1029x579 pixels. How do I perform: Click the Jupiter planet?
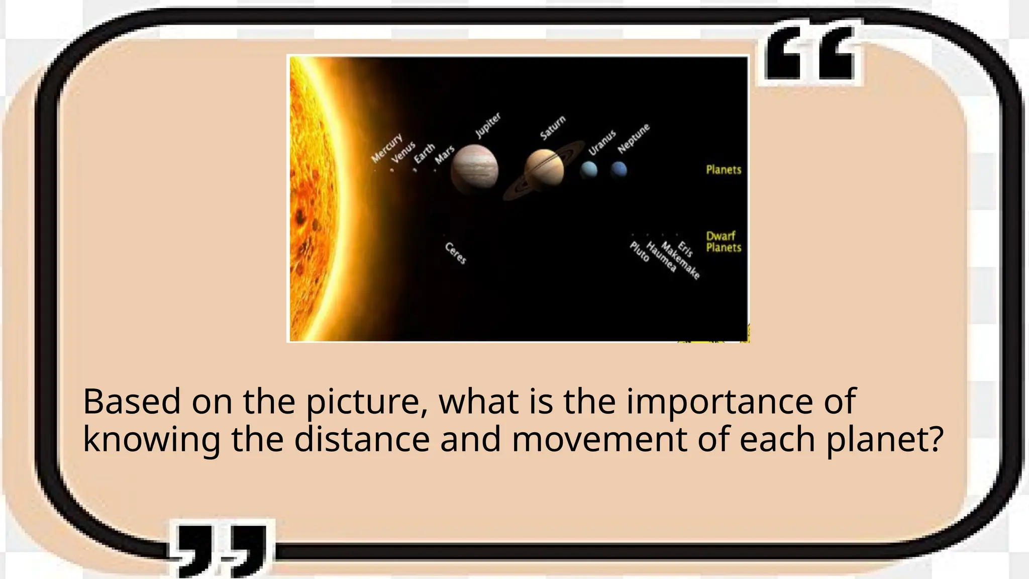pyautogui.click(x=474, y=169)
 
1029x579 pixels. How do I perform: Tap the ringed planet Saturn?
pyautogui.click(x=544, y=169)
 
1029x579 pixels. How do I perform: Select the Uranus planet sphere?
pyautogui.click(x=589, y=170)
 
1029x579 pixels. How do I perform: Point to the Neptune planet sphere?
pyautogui.click(x=619, y=169)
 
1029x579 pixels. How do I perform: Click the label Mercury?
pyautogui.click(x=386, y=148)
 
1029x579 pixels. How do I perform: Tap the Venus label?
pyautogui.click(x=403, y=152)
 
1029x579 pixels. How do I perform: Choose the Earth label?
pyautogui.click(x=424, y=154)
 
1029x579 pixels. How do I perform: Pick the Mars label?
pyautogui.click(x=445, y=155)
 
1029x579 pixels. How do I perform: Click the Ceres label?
pyautogui.click(x=456, y=253)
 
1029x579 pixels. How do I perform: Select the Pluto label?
pyautogui.click(x=640, y=251)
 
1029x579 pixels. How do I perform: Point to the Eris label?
pyautogui.click(x=685, y=249)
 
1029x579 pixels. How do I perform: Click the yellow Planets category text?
pyautogui.click(x=724, y=170)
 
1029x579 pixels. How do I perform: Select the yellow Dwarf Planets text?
pyautogui.click(x=724, y=242)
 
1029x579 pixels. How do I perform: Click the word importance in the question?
pyautogui.click(x=718, y=402)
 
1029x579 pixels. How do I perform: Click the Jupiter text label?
pyautogui.click(x=488, y=125)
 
